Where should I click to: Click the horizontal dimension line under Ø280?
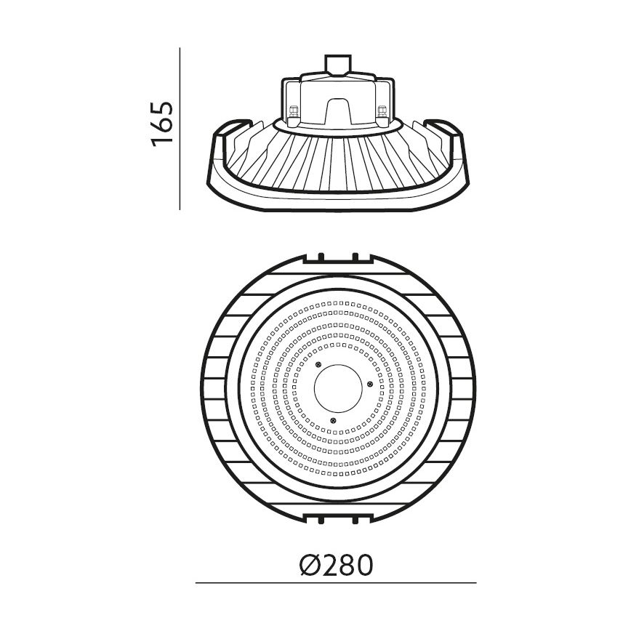[x=336, y=582]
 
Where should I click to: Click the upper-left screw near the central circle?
[x=317, y=364]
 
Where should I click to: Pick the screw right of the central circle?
[x=369, y=383]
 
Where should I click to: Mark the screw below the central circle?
[x=334, y=419]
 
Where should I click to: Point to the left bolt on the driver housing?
[x=294, y=113]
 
